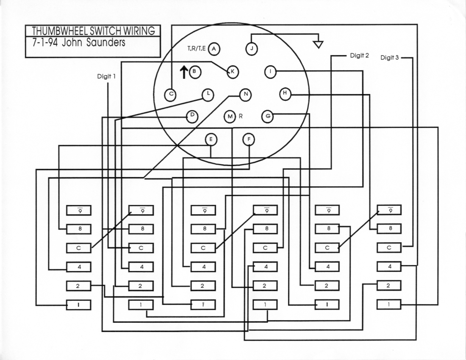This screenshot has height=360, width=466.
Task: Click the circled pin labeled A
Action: pos(214,49)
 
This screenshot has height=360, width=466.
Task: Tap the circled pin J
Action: pos(252,49)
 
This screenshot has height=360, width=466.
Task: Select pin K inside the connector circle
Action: pos(233,72)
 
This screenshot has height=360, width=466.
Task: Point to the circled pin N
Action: pos(245,94)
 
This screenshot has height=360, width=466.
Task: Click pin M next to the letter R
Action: pos(230,116)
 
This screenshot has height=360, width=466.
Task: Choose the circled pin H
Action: pos(285,93)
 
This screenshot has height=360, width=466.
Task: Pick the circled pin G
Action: pos(267,116)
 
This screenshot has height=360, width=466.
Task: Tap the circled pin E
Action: pos(211,139)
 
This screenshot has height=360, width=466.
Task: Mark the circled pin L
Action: pos(208,94)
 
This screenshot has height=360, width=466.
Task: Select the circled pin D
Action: pos(192,116)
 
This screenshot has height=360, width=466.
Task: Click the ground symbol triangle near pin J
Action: pos(318,44)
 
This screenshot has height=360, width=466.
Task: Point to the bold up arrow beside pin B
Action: pos(183,72)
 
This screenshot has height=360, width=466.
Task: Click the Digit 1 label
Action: pos(106,77)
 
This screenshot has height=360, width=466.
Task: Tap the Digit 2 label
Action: pos(360,55)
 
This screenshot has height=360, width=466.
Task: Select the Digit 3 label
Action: pos(389,58)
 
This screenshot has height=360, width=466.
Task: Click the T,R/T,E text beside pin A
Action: pos(197,49)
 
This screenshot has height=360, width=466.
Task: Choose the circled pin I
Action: pos(270,72)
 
